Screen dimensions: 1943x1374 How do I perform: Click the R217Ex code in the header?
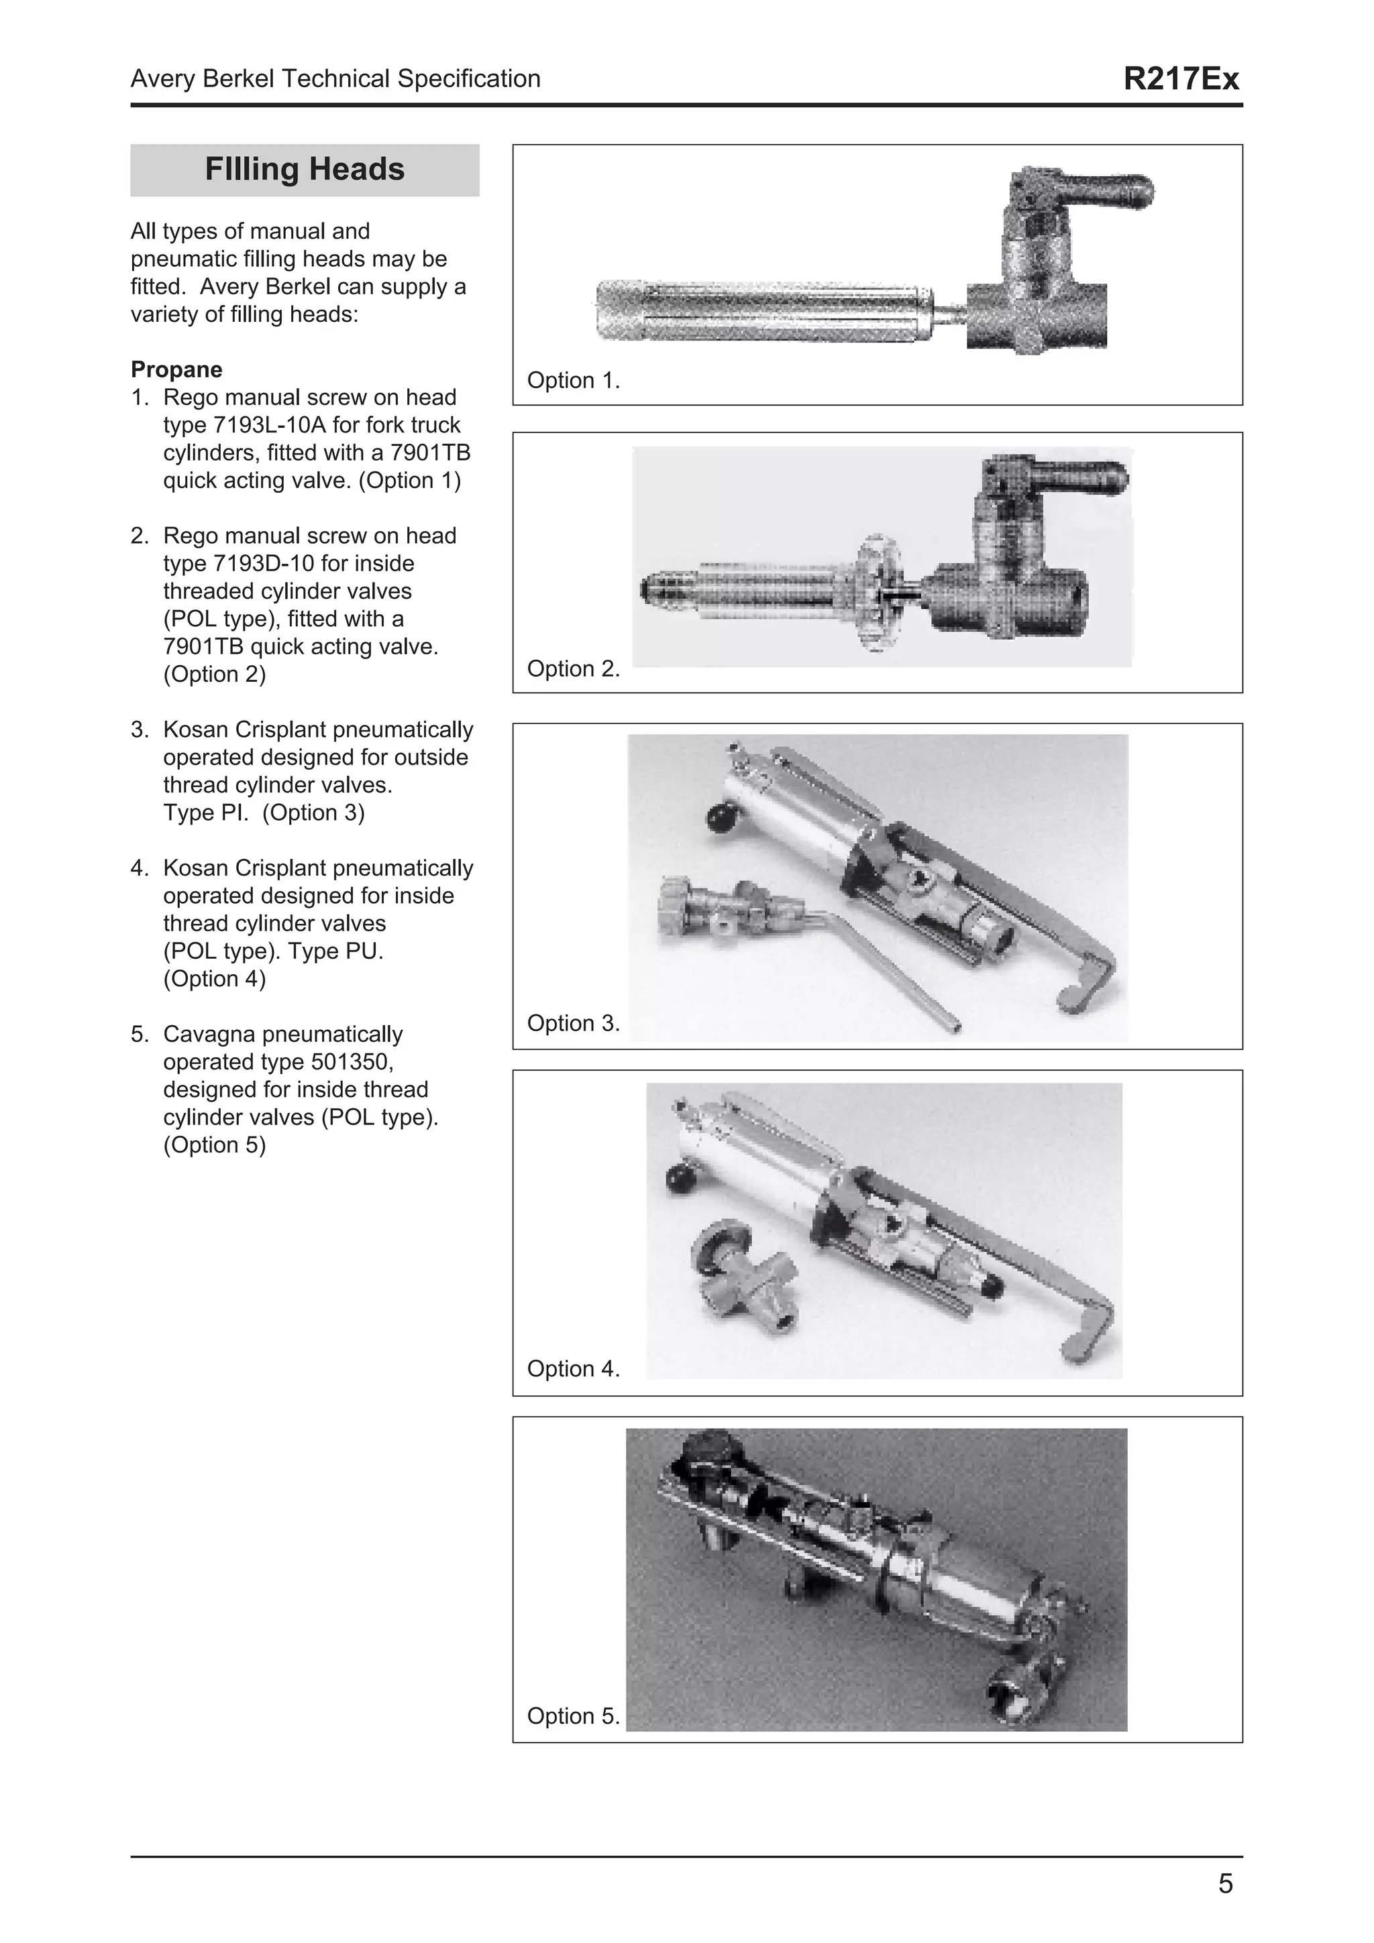point(1180,78)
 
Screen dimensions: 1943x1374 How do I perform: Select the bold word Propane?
point(176,370)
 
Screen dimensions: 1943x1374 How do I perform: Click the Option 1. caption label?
point(573,381)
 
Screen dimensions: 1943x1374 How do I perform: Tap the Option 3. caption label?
point(573,1023)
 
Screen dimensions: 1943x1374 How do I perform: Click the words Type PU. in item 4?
point(336,951)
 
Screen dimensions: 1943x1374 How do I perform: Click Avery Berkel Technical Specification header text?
point(335,78)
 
